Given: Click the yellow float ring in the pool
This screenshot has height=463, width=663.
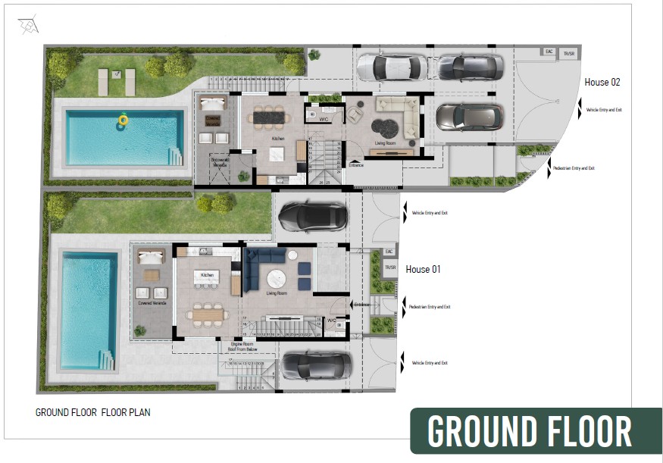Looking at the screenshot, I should click(x=123, y=120).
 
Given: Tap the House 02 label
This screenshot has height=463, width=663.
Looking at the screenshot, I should click(x=602, y=82).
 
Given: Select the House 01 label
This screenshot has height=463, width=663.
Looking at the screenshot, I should click(x=424, y=269).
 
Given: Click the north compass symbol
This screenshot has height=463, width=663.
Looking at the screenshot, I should click(x=28, y=26).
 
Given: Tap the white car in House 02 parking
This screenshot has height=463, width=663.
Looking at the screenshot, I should click(x=391, y=67).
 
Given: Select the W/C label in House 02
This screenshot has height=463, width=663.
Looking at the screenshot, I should click(x=323, y=120).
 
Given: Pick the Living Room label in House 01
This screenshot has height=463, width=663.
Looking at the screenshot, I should click(x=277, y=293).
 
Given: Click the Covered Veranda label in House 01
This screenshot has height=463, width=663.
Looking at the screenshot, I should click(x=152, y=303).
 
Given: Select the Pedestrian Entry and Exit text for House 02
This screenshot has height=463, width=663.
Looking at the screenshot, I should click(x=574, y=168).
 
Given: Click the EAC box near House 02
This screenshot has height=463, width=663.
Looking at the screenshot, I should click(x=549, y=52).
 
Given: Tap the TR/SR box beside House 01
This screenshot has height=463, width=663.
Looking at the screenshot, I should click(x=390, y=267).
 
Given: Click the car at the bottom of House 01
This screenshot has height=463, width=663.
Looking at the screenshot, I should click(x=316, y=367).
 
